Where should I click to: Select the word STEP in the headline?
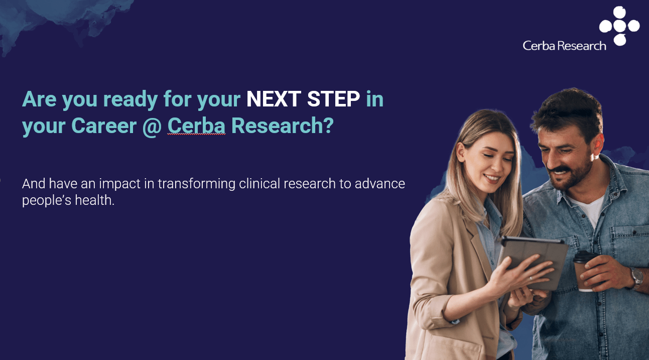tap(333, 99)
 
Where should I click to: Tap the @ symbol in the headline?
tap(152, 126)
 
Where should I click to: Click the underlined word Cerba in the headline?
tap(196, 126)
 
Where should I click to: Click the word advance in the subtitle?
tap(380, 184)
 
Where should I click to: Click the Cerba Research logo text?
tap(564, 46)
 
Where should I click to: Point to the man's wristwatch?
tap(636, 277)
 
